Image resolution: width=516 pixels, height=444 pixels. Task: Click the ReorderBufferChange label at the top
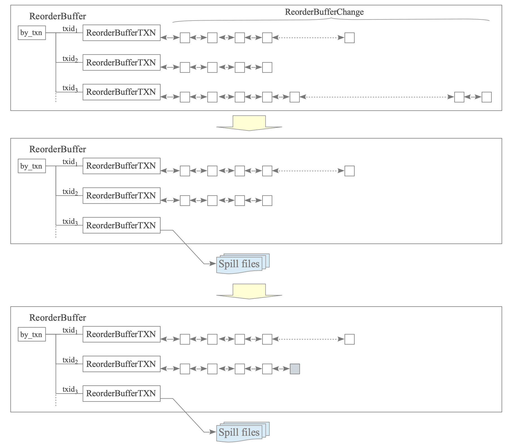click(x=324, y=12)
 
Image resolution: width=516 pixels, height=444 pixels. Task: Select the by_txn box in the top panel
click(x=32, y=33)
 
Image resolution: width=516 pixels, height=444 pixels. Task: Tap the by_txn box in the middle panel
click(x=32, y=166)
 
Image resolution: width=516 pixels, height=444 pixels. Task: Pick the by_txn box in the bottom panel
click(x=32, y=334)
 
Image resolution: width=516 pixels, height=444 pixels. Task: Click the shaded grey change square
click(x=295, y=369)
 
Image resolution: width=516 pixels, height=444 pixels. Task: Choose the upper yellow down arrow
click(x=249, y=123)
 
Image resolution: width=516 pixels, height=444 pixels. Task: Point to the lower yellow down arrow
click(x=249, y=292)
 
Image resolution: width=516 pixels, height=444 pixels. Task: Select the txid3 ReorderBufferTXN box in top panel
click(x=121, y=92)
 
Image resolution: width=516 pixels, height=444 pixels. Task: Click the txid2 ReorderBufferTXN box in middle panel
click(x=121, y=196)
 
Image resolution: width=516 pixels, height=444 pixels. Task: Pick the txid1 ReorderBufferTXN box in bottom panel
click(x=121, y=334)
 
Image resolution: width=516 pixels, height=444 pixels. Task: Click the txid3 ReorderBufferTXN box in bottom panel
click(x=121, y=394)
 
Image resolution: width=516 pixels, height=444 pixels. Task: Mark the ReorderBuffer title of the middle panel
click(x=57, y=149)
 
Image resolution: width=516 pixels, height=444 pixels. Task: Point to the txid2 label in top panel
click(x=70, y=59)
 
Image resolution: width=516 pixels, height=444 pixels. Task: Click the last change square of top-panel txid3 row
click(x=487, y=97)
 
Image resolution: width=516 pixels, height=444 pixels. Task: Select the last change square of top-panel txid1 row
click(x=350, y=38)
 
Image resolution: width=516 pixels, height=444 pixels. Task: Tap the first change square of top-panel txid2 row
click(x=185, y=67)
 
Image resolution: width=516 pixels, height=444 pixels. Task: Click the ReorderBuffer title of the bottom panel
click(x=57, y=318)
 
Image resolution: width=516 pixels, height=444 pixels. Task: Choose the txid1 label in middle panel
click(x=70, y=162)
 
